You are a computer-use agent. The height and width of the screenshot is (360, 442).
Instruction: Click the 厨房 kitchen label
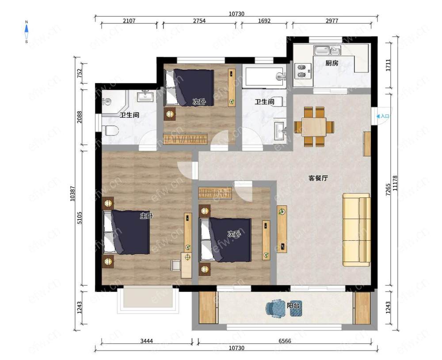[x=332, y=63]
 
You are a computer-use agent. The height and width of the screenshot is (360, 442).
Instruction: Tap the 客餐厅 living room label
[x=318, y=178]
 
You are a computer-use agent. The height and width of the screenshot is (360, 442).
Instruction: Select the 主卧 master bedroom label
[x=147, y=216]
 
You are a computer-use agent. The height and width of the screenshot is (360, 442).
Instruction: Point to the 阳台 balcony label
[x=293, y=305]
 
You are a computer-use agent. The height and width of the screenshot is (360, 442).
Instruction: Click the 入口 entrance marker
[x=383, y=116]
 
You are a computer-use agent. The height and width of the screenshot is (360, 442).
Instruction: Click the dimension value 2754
[x=199, y=21]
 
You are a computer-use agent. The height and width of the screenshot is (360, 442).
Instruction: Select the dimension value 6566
[x=285, y=341]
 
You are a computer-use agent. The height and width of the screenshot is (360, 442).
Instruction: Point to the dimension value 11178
[x=395, y=183]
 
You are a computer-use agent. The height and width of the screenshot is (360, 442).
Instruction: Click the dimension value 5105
[x=80, y=218]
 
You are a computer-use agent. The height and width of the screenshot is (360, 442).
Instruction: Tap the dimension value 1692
[x=264, y=21]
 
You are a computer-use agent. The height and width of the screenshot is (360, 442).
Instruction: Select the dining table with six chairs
[x=314, y=127]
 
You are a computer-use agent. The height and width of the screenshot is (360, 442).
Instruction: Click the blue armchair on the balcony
[x=273, y=307]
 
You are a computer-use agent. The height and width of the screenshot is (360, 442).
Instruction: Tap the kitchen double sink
[x=328, y=50]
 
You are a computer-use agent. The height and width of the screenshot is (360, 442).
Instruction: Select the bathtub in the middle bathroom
[x=265, y=76]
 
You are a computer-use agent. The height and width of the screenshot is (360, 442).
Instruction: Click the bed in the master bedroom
[x=126, y=232]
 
